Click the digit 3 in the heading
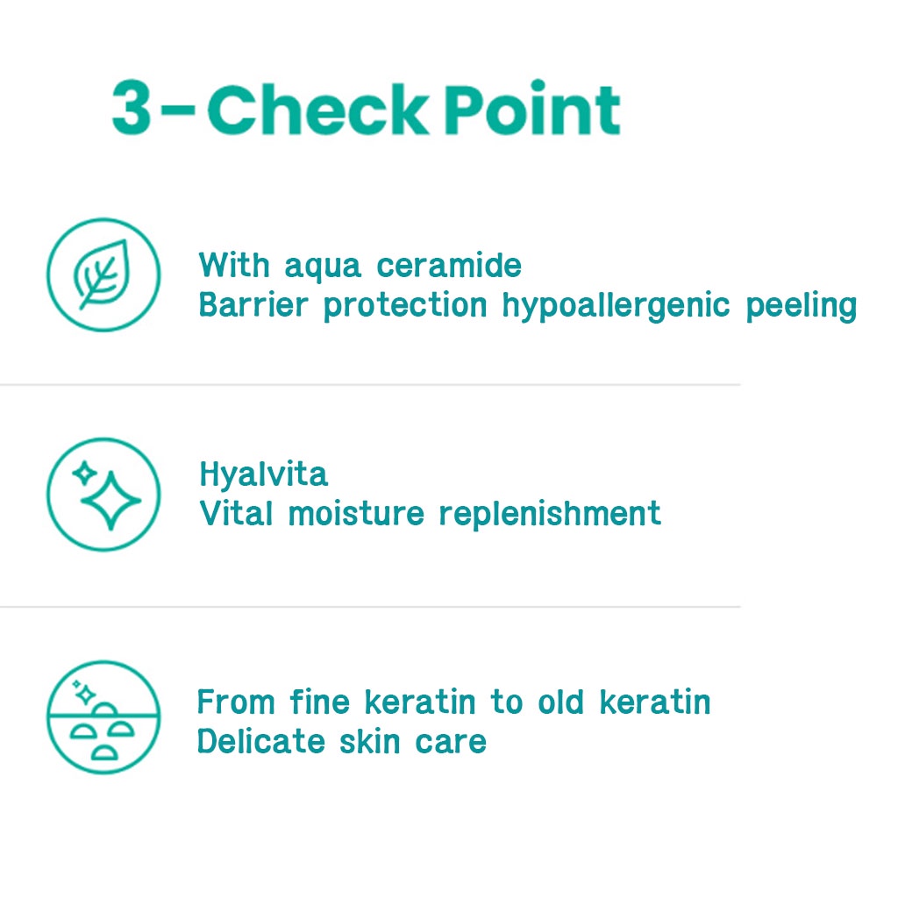click(x=132, y=108)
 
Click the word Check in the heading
click(x=317, y=109)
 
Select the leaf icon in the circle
click(x=103, y=274)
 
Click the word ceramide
click(x=449, y=267)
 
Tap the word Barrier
click(x=253, y=304)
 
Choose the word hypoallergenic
click(x=616, y=306)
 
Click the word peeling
click(x=802, y=306)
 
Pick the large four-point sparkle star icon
click(x=111, y=501)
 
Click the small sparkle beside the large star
click(x=85, y=474)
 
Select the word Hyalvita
click(x=263, y=474)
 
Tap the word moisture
click(x=356, y=514)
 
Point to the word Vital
click(x=236, y=513)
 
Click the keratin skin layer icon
click(x=103, y=717)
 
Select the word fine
click(x=319, y=702)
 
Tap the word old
click(x=561, y=702)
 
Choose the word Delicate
click(x=261, y=742)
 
